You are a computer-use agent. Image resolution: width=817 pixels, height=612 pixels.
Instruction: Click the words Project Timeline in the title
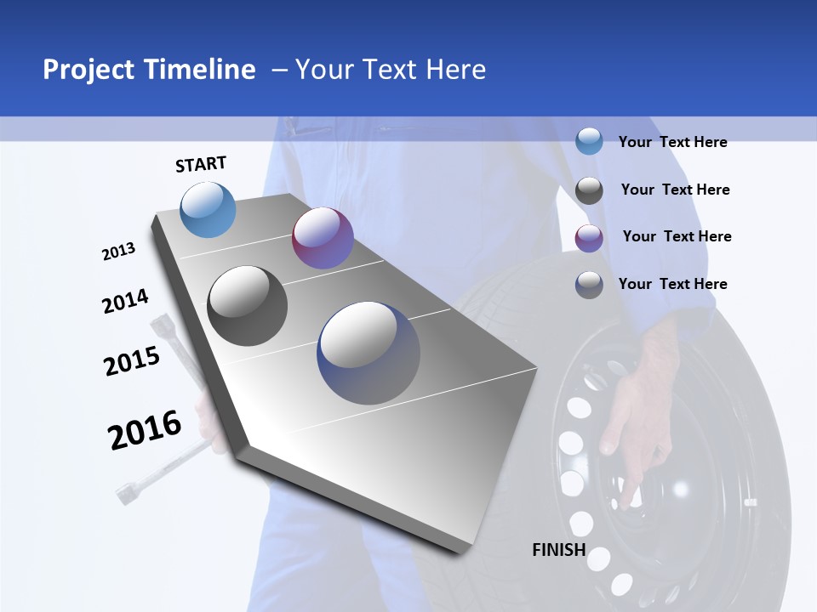149,70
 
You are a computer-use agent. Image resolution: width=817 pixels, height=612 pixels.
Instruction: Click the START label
201,164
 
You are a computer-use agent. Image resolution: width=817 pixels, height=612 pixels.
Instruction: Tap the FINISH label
558,549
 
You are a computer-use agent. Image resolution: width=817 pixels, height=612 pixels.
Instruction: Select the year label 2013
118,252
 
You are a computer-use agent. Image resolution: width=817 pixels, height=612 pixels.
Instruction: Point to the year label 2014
125,302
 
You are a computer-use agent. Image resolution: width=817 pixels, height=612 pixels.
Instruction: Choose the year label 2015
132,360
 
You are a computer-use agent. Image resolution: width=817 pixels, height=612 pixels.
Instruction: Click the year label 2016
145,430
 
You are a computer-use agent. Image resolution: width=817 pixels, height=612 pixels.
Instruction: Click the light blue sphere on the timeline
209,209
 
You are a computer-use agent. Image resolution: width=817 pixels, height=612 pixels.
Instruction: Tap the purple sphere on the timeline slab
323,238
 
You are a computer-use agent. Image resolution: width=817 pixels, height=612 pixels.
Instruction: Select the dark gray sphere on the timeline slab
248,306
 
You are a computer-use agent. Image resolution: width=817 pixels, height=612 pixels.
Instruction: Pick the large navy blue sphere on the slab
369,353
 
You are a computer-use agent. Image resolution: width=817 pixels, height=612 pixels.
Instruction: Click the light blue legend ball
589,141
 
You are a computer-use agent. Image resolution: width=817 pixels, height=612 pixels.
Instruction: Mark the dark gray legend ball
589,190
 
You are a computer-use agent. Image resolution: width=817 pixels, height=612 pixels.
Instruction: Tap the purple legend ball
589,238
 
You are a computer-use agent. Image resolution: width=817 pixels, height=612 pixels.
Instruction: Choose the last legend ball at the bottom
589,285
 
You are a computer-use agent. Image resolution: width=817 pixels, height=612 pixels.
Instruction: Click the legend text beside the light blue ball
672,142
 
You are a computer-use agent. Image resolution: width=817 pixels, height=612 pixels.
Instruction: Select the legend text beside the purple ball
677,236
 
